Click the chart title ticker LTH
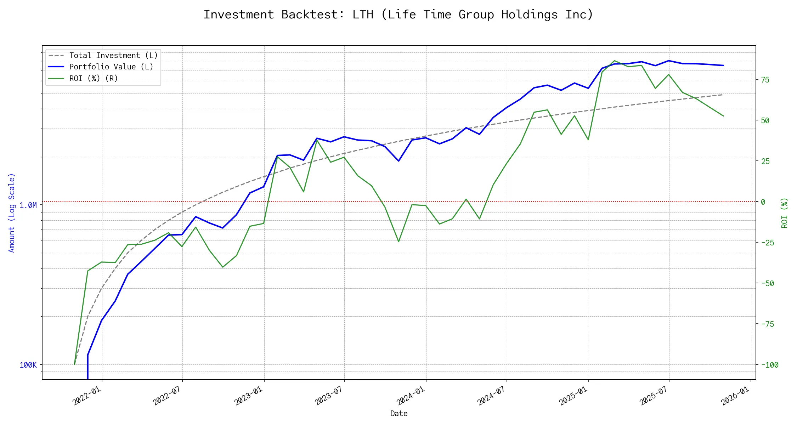point(363,15)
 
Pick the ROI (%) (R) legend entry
point(94,79)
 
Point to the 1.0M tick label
point(28,205)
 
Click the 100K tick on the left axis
point(28,365)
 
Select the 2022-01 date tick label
point(87,396)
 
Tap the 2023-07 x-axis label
point(329,396)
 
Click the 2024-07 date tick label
point(491,396)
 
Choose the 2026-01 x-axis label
point(735,396)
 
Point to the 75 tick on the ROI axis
point(765,80)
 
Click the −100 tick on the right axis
point(769,365)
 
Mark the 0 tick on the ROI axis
point(763,202)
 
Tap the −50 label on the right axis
point(767,284)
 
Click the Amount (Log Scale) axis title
point(12,213)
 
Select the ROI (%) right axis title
point(785,213)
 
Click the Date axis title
point(399,414)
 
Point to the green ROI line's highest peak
point(615,61)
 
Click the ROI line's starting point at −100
point(74,364)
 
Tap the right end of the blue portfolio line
point(723,66)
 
